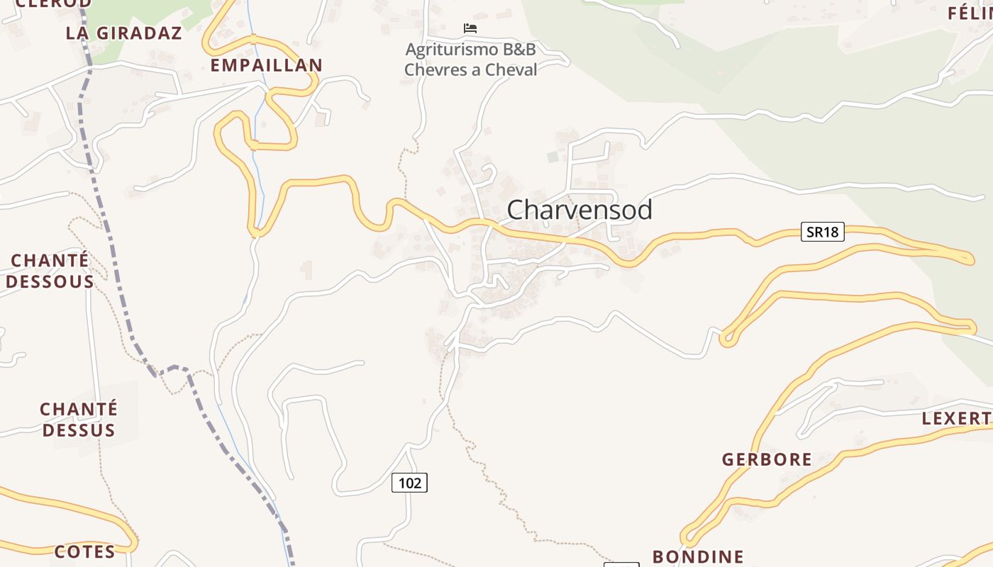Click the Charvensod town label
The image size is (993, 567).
[x=579, y=210]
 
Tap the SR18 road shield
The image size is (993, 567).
[x=823, y=232]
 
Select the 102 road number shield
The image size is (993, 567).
[x=409, y=483]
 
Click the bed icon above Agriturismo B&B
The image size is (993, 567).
[x=470, y=28]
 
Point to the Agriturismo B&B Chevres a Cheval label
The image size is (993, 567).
[x=470, y=60]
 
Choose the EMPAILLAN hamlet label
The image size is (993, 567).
[x=267, y=65]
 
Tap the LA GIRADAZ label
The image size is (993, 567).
[x=124, y=33]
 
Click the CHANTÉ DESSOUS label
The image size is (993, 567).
[x=50, y=271]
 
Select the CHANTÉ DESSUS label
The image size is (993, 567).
[x=79, y=420]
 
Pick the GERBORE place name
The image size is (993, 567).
[x=767, y=459]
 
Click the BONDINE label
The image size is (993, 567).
[x=698, y=556]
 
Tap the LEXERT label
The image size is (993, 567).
[x=956, y=418]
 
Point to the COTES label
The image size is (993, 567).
[x=84, y=551]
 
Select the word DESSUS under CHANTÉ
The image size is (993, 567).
[x=79, y=430]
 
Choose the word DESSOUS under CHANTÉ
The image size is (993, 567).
[x=50, y=281]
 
